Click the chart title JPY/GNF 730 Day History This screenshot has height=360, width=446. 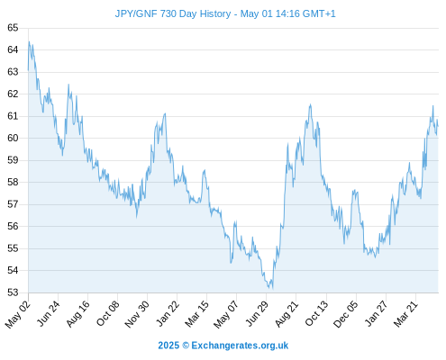pos(173,13)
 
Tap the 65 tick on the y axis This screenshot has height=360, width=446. pos(13,28)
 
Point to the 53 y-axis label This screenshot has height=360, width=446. pos(13,292)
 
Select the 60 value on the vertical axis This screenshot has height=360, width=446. pos(13,138)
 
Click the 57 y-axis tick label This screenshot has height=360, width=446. pos(13,204)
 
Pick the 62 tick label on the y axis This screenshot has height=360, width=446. pos(13,94)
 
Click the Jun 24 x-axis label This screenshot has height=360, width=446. pos(48,313)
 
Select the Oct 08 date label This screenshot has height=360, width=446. pos(107,313)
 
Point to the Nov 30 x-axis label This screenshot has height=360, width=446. pos(137,314)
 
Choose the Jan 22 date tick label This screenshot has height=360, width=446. pos(168,313)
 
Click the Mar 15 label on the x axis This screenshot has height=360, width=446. pos(196,314)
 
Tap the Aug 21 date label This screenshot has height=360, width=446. pos(287,314)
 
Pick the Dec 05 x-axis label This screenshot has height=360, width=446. pos(346,314)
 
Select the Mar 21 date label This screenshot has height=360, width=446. pos(405,314)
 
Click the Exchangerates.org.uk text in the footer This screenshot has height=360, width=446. pos(240,346)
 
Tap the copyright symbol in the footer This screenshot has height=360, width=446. pos(186,346)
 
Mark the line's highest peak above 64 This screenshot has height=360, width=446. pos(29,41)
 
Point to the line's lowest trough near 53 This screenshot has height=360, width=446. pos(272,289)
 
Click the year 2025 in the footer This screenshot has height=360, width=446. pos(168,346)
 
